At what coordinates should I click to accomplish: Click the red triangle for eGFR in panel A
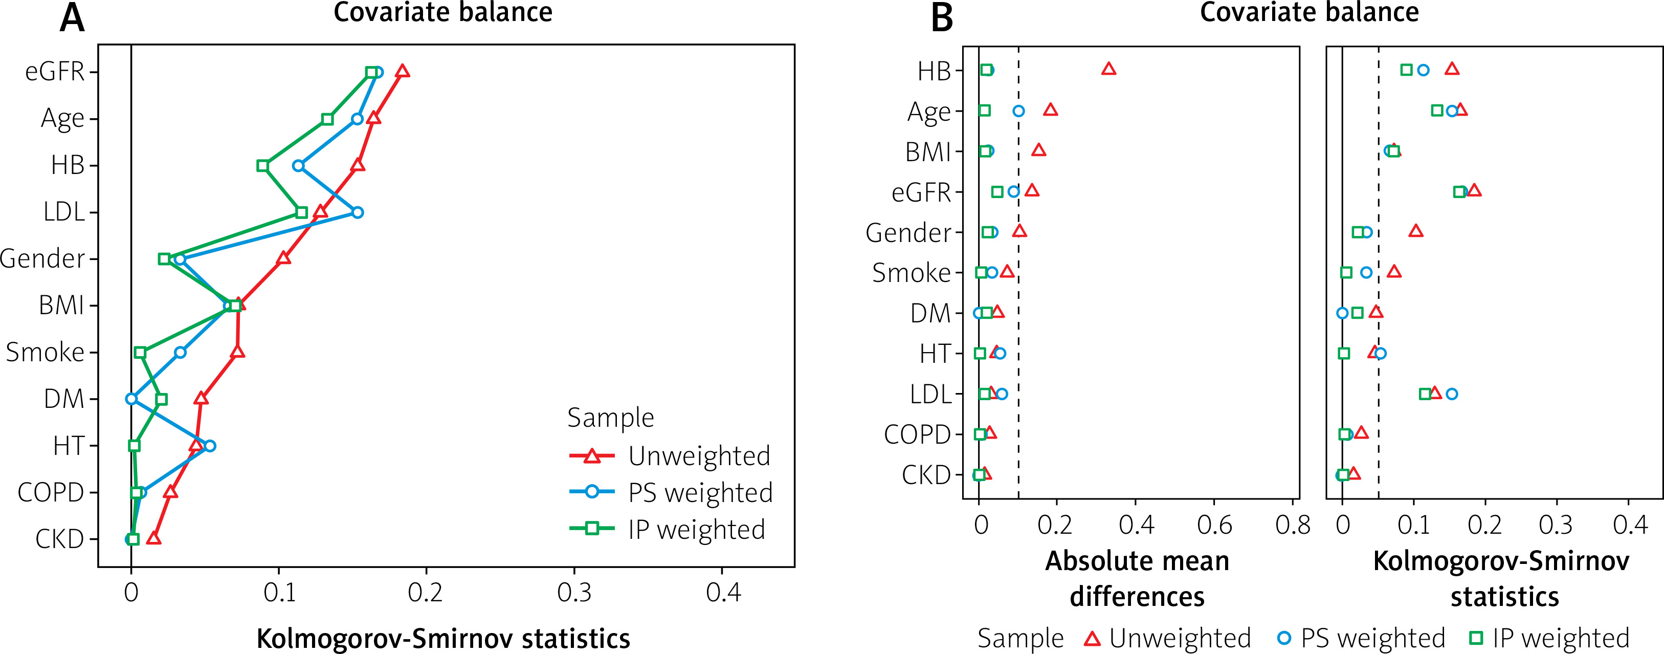403,71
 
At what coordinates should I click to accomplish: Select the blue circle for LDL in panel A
357,212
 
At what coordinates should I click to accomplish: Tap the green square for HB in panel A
262,165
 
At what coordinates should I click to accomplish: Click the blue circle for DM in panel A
131,399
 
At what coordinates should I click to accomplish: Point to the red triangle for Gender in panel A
283,258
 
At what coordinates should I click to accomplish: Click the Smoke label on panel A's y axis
45,352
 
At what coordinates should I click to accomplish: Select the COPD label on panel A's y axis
50,492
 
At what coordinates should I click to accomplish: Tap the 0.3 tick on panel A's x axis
574,592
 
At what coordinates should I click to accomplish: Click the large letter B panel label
942,18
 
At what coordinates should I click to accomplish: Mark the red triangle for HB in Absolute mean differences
1108,69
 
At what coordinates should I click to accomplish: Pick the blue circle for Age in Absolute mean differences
1018,111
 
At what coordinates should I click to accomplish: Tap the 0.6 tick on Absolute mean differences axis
1214,525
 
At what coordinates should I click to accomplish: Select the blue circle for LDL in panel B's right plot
1452,394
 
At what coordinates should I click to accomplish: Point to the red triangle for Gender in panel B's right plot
1416,231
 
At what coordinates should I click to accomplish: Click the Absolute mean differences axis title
1137,578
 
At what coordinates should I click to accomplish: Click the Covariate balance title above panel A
442,13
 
